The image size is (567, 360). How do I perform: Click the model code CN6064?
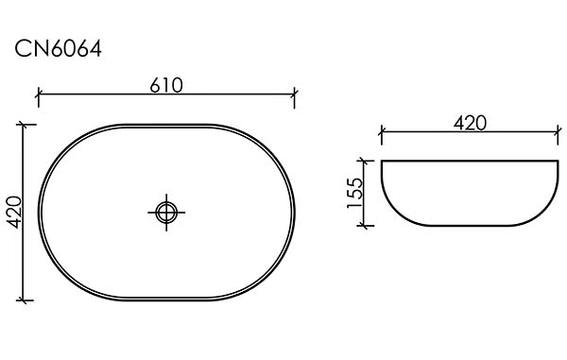[x=58, y=49]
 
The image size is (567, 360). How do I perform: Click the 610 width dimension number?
[x=166, y=85]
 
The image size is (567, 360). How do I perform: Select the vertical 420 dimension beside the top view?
[x=15, y=213]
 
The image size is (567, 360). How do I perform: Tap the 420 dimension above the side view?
[x=470, y=123]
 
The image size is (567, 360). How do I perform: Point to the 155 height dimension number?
[x=354, y=193]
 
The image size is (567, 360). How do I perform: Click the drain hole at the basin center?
[x=166, y=213]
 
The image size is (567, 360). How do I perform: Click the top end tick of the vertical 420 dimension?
[x=24, y=125]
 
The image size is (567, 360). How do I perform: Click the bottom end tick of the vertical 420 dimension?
[x=24, y=300]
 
